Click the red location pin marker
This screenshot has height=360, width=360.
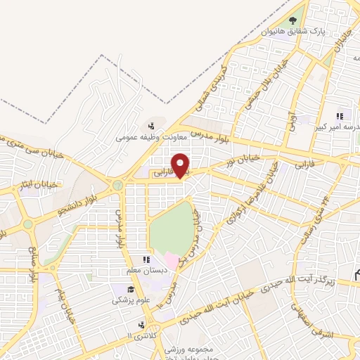(x=181, y=165)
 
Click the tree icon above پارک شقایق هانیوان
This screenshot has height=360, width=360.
(x=293, y=20)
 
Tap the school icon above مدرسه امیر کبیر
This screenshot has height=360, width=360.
(x=340, y=116)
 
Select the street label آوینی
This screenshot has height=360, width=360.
(x=290, y=124)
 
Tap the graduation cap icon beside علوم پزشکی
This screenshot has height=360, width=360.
(x=131, y=290)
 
